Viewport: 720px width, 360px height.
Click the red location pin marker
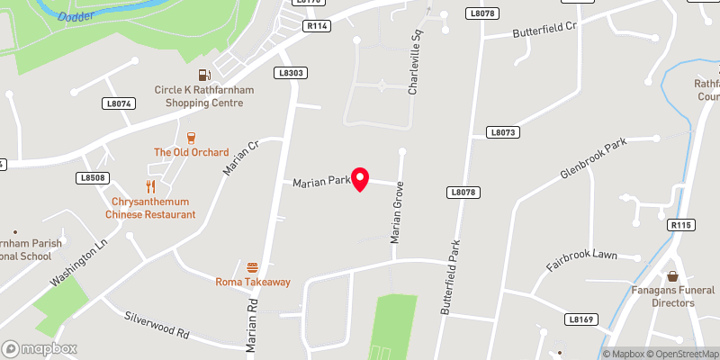coord(360,179)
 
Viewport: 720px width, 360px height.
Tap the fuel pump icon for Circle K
coord(203,76)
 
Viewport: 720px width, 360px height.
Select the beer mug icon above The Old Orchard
coord(191,138)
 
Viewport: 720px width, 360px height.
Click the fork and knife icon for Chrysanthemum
coord(151,187)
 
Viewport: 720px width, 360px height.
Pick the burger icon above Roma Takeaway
coord(253,267)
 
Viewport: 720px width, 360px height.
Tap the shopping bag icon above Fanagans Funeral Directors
coord(673,275)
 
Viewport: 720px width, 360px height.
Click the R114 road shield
coord(316,27)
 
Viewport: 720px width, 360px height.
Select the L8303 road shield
coord(292,73)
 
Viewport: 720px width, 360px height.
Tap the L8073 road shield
coord(504,131)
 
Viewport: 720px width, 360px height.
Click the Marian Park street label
coord(321,182)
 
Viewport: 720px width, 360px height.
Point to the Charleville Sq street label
coord(415,69)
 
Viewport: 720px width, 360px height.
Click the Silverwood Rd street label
coord(157,324)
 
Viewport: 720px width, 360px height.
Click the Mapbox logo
coord(40,348)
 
